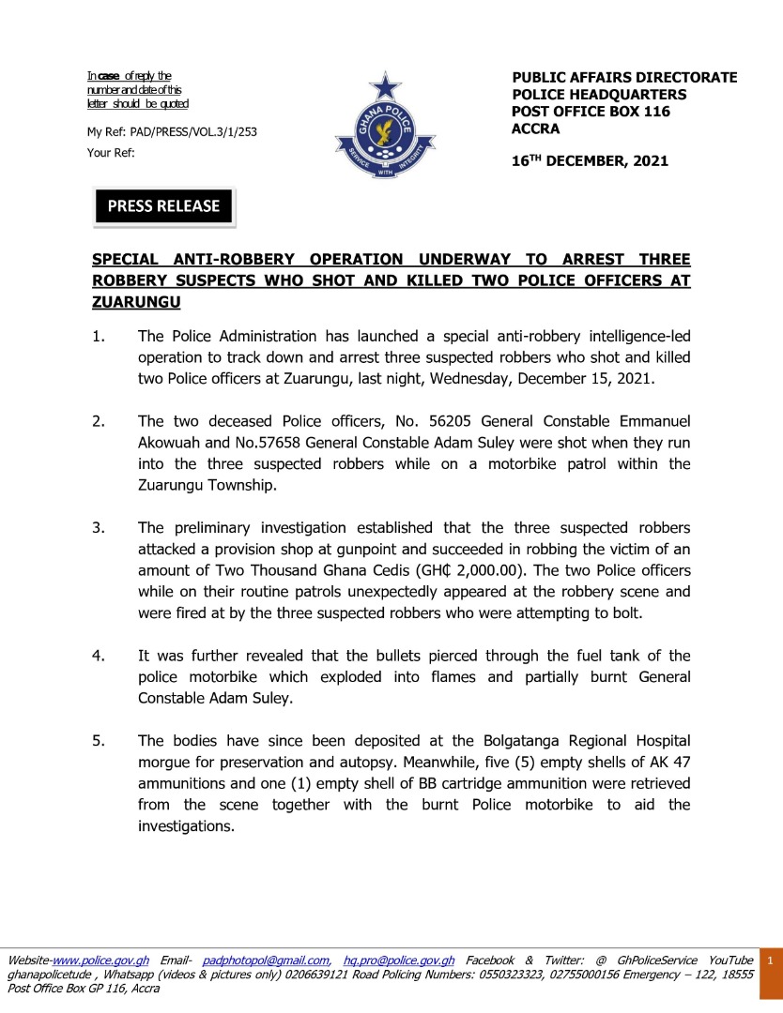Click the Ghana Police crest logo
pos(385,131)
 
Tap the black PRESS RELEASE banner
pos(163,206)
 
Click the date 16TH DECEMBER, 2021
pos(590,160)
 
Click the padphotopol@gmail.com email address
pos(266,960)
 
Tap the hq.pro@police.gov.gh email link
pos(399,960)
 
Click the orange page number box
pos(770,960)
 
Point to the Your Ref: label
pos(111,152)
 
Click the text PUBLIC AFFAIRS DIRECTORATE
pos(624,78)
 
